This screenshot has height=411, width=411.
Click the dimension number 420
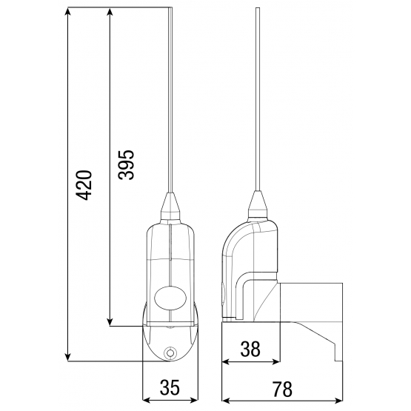click(84, 185)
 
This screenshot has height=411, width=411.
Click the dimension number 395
click(126, 165)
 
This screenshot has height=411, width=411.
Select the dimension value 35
click(170, 387)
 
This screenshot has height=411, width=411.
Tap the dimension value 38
click(250, 349)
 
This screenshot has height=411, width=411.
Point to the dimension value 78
click(282, 390)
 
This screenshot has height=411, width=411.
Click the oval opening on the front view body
click(170, 298)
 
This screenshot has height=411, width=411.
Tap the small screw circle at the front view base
click(170, 353)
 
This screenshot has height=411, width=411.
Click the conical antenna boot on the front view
click(170, 207)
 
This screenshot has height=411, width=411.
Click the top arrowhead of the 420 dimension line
click(68, 12)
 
